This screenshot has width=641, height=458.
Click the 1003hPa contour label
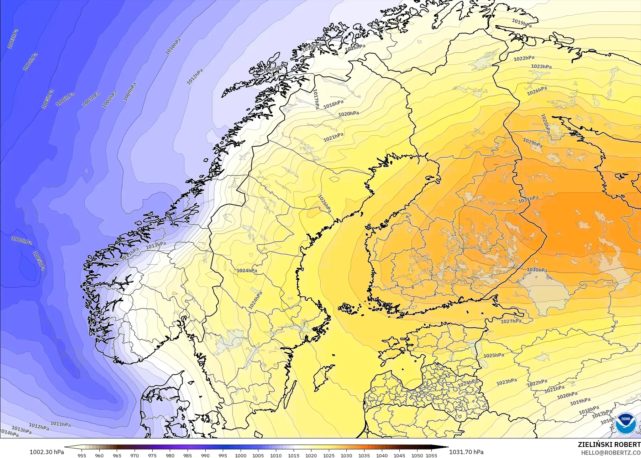click(13, 39)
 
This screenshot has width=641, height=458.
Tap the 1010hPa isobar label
click(173, 46)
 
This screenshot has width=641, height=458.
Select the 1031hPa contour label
click(528, 199)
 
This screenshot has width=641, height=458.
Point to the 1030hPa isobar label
click(537, 270)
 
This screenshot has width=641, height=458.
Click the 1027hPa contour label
click(511, 321)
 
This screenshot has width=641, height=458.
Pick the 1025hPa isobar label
click(494, 355)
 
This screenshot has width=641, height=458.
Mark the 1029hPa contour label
click(532, 142)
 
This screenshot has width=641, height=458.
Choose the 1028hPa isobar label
click(545, 124)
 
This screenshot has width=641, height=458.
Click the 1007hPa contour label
click(91, 99)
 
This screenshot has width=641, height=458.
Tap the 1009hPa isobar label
click(130, 92)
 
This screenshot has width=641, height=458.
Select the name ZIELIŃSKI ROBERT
click(609, 444)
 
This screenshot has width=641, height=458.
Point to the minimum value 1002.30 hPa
click(47, 452)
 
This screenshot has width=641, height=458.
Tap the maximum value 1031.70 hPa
click(466, 452)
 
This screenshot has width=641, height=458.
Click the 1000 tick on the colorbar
click(241, 455)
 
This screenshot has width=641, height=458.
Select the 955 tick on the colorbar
click(82, 455)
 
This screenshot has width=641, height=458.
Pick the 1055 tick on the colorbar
click(431, 455)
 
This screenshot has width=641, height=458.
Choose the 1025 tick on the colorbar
click(329, 455)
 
